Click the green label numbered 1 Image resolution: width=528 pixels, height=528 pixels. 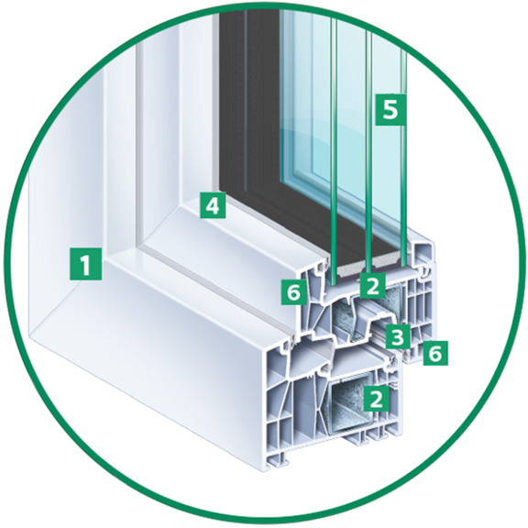tap(85, 264)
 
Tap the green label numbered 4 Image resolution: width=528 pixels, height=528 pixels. tap(213, 205)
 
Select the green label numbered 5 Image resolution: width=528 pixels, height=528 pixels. tap(390, 109)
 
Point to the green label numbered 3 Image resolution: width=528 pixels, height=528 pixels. tap(398, 336)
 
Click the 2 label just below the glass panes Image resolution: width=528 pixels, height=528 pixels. tap(372, 286)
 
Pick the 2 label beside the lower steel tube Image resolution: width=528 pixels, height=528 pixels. tap(376, 399)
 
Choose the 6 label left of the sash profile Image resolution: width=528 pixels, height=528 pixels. tap(294, 291)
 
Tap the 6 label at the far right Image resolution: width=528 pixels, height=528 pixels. tap(435, 353)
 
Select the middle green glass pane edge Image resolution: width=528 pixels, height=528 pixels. tap(368, 151)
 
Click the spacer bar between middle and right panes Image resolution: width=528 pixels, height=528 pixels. tap(387, 264)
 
